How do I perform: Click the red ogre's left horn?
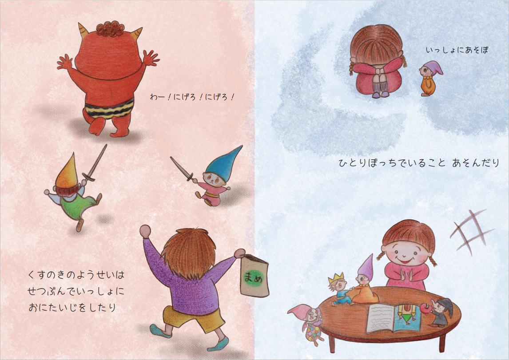click(84, 29)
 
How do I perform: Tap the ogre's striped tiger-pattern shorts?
click(109, 108)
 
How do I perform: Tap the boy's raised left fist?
click(145, 231)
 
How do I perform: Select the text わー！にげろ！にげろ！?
click(192, 97)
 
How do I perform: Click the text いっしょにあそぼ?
click(457, 50)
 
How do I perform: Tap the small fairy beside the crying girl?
click(430, 78)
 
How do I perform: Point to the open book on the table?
click(394, 318)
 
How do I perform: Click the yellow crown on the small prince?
click(336, 278)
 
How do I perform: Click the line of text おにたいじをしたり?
click(72, 307)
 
